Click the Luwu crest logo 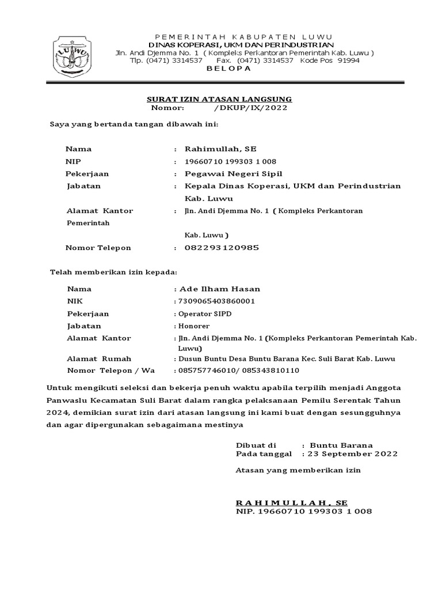[x=72, y=56]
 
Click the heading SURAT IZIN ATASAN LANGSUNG [x=219, y=99]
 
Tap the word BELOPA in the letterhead [x=228, y=69]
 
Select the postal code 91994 [x=348, y=60]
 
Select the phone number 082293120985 [x=221, y=248]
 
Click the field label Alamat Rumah [x=99, y=358]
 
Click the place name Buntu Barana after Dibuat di [x=341, y=445]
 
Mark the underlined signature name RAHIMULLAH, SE [x=292, y=502]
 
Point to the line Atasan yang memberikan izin [x=298, y=470]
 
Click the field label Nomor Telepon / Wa [x=111, y=370]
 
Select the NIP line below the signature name [x=304, y=511]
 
